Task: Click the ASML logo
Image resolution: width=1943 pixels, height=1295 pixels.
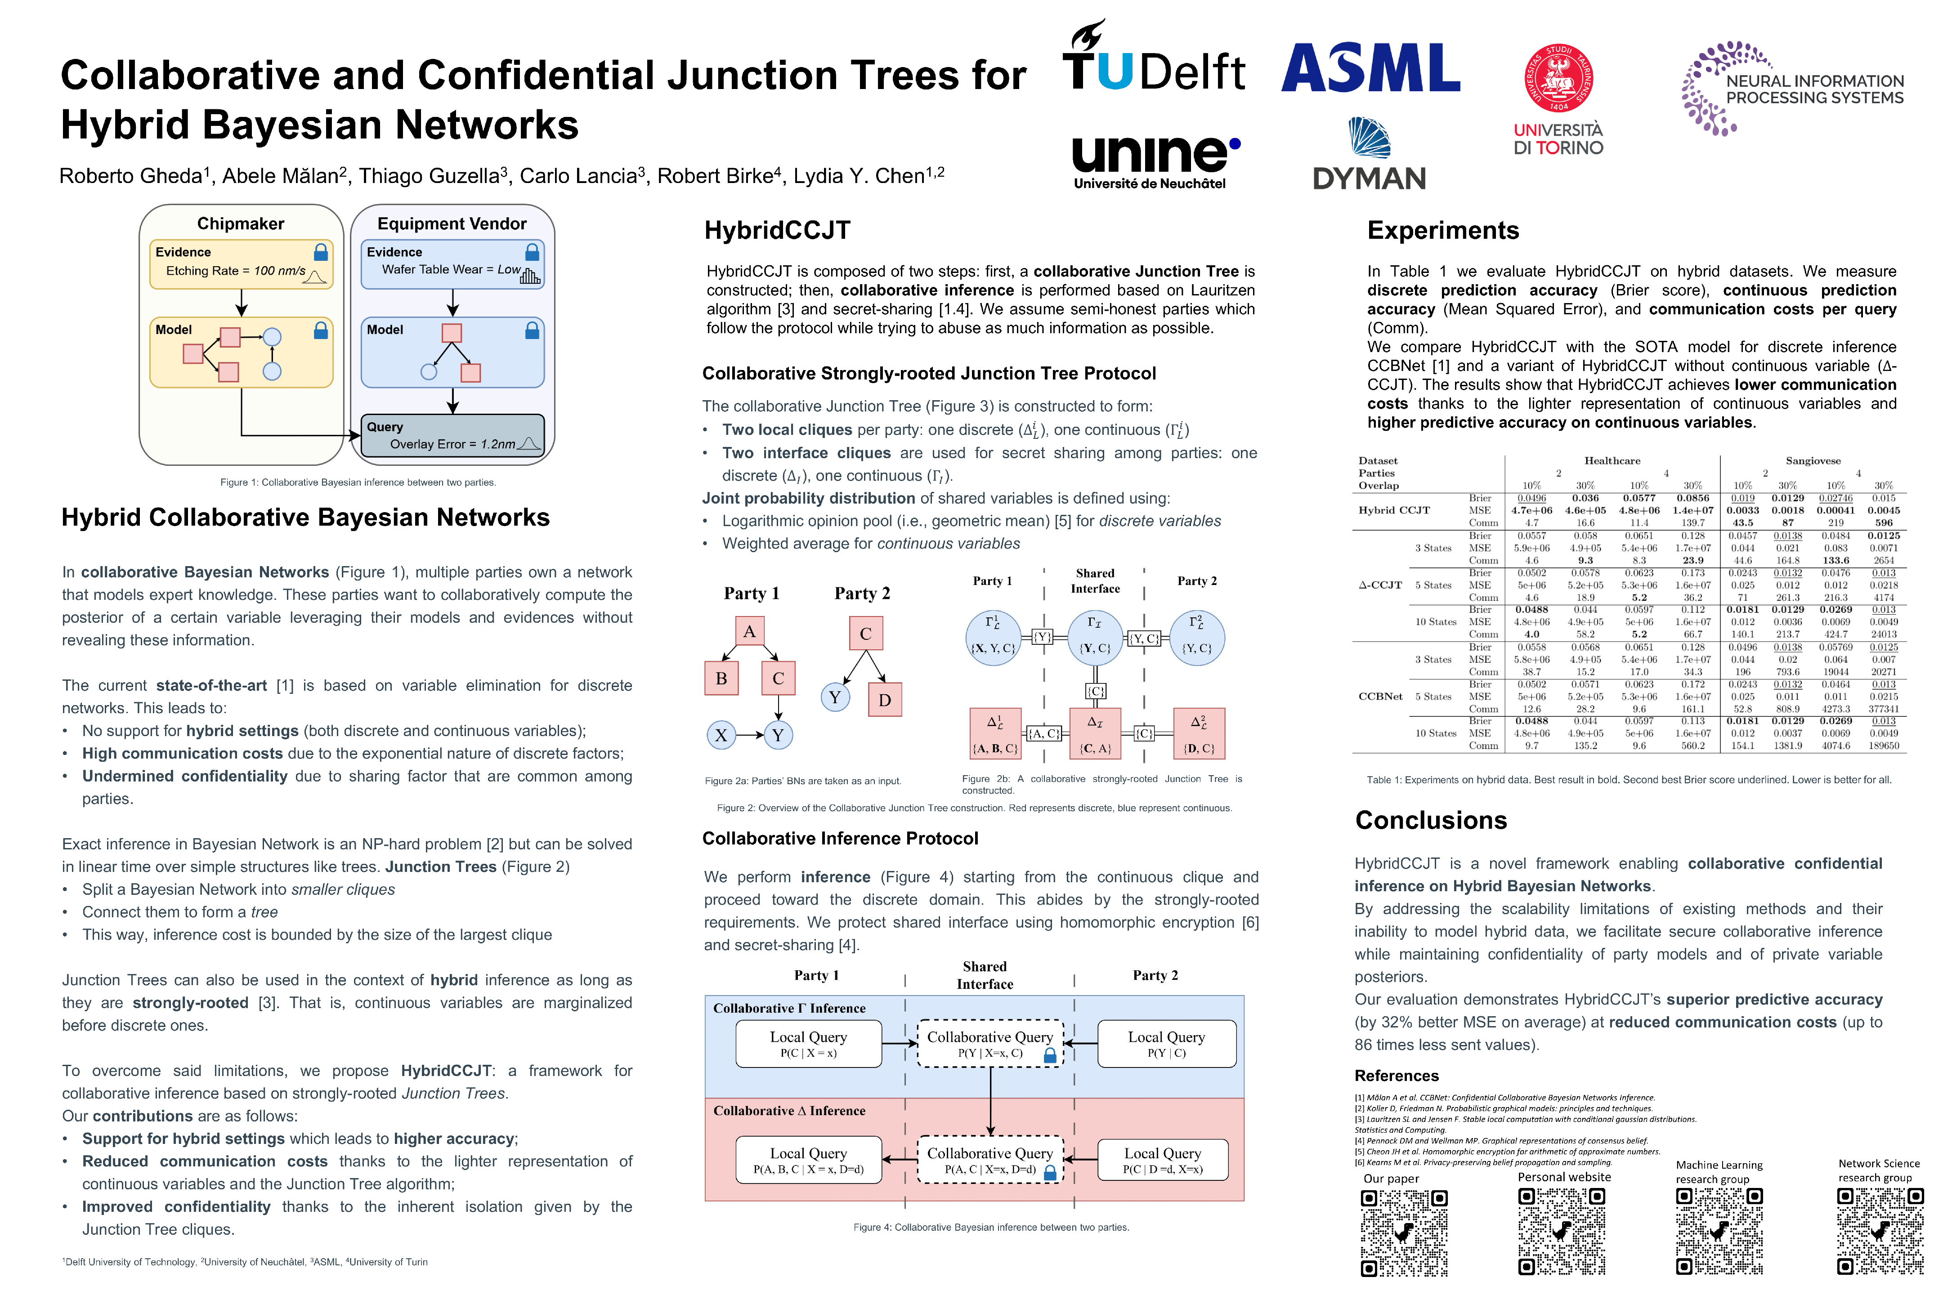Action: (1370, 68)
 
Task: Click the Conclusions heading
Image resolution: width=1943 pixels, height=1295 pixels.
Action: (1431, 820)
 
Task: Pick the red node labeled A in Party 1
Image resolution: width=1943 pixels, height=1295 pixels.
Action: (749, 632)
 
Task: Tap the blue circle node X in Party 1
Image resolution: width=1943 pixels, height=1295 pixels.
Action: (721, 735)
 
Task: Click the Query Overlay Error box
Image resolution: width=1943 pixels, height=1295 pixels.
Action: (453, 435)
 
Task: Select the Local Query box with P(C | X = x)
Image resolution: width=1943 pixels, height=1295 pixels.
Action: (809, 1044)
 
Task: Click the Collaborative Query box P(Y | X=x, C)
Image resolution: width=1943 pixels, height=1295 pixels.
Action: (989, 1044)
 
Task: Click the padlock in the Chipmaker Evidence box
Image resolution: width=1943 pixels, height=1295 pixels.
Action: (321, 252)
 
